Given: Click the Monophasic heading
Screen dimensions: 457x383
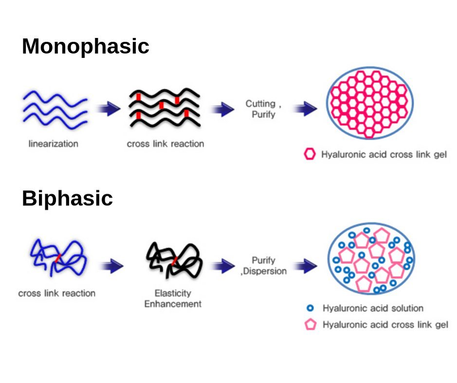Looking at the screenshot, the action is tap(85, 46).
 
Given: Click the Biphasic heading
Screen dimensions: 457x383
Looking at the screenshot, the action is tap(67, 198).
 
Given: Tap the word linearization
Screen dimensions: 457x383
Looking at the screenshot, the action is tap(54, 144).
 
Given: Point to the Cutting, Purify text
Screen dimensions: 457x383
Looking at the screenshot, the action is tap(263, 109).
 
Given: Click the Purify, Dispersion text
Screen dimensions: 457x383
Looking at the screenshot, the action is tap(264, 266).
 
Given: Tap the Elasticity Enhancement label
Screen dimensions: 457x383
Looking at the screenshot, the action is tap(173, 298).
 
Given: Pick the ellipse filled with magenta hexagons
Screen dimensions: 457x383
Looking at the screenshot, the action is tap(370, 103).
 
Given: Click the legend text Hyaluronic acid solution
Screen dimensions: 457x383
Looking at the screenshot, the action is tap(373, 308).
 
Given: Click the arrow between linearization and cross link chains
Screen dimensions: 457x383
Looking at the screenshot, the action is tap(108, 109).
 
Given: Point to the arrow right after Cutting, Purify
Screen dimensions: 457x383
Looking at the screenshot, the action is tap(305, 109).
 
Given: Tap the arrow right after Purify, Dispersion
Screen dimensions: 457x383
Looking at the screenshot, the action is tap(305, 266).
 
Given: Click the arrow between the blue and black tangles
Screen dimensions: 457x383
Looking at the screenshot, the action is tap(112, 266).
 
